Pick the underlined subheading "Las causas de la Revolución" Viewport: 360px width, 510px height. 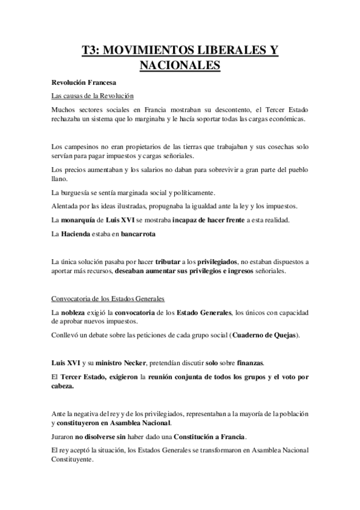coord(92,96)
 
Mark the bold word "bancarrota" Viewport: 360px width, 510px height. coord(136,234)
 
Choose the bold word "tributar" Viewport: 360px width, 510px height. coord(168,262)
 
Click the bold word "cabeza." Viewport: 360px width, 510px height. coord(63,386)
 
